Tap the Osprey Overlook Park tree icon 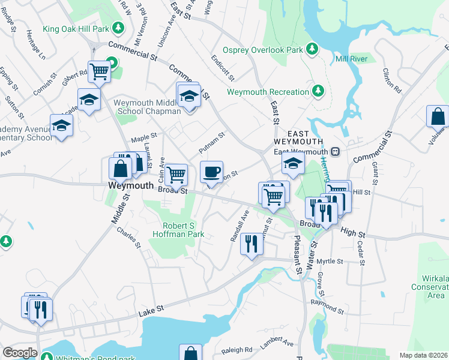(x=312, y=48)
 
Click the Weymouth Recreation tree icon (x=318, y=91)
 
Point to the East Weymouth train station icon (x=337, y=152)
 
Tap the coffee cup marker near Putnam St (x=211, y=172)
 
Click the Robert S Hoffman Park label (x=183, y=230)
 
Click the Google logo (x=20, y=353)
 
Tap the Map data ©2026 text (x=423, y=355)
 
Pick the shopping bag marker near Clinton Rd (x=438, y=116)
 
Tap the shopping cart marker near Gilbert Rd (x=100, y=72)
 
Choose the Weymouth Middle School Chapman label (x=147, y=107)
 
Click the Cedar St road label (x=361, y=253)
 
